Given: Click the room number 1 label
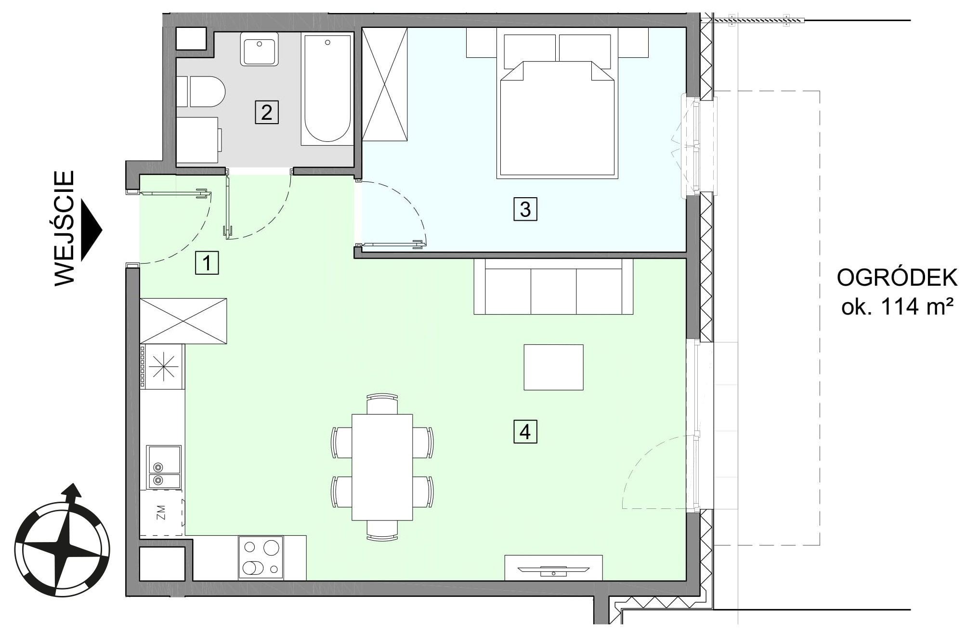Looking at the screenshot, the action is click(x=207, y=263).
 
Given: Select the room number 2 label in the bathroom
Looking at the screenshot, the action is click(x=267, y=112).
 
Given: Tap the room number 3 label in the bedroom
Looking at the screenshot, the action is click(x=525, y=209).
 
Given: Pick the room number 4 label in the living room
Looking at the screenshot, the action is click(x=525, y=431).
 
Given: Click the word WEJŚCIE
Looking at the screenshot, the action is click(x=65, y=228).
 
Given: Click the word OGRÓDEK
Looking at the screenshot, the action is click(x=897, y=278).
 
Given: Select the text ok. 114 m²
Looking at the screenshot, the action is click(x=897, y=306).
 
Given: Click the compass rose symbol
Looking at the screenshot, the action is click(x=62, y=542).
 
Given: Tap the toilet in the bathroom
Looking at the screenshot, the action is click(x=201, y=91).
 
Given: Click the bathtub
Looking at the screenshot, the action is click(x=327, y=89).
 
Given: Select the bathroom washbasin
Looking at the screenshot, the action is click(x=260, y=49).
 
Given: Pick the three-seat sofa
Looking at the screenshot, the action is click(x=553, y=287).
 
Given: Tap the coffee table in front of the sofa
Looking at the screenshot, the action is click(x=553, y=367).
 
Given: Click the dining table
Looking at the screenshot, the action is click(x=382, y=467).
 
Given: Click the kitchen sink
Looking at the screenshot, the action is click(x=164, y=467).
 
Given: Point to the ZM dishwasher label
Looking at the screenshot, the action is click(x=161, y=513).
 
